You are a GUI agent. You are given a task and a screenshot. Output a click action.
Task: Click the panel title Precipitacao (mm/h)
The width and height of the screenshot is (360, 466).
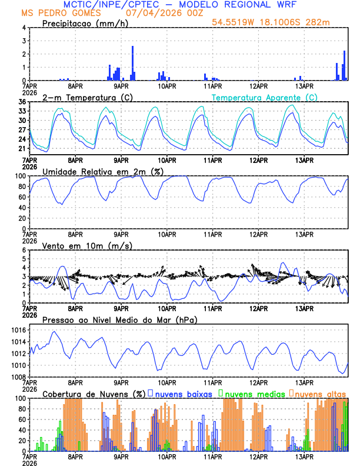82,23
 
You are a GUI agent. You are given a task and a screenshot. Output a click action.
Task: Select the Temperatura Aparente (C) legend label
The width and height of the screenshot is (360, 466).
264,97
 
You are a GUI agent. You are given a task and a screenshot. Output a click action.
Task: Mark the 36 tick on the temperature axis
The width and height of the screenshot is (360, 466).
22,102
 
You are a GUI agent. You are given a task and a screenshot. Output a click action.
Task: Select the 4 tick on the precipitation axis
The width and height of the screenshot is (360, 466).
24,28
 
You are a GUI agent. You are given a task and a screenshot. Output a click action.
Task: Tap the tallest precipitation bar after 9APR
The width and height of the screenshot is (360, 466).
132,63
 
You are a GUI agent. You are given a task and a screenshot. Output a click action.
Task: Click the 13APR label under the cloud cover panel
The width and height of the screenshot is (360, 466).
304,456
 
